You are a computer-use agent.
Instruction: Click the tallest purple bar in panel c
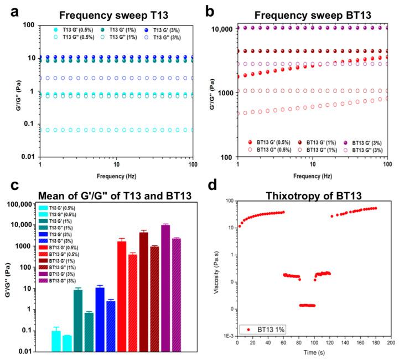[x=165, y=288]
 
